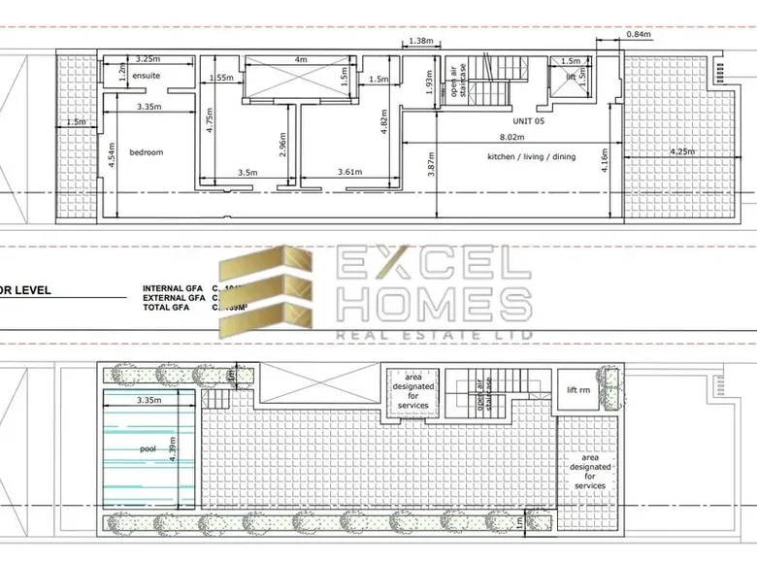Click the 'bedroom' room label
click(x=147, y=152)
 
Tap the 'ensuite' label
click(x=147, y=75)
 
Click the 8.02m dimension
click(x=512, y=139)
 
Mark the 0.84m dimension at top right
click(x=638, y=35)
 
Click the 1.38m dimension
click(x=420, y=41)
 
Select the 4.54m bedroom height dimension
click(x=112, y=158)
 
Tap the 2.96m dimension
click(x=281, y=147)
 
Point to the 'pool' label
click(x=147, y=449)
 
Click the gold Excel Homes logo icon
click(x=264, y=291)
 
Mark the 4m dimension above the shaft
click(x=301, y=59)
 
